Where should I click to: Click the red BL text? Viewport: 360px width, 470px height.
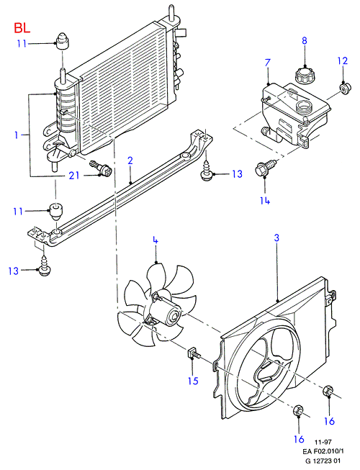(x=22, y=28)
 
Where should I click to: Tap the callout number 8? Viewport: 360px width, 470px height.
(x=305, y=40)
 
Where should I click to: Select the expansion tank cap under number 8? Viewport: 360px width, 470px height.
(x=304, y=75)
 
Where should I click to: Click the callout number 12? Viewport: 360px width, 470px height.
(x=342, y=61)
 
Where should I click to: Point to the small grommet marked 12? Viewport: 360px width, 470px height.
(x=344, y=89)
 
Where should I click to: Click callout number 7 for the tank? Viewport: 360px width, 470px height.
(x=267, y=63)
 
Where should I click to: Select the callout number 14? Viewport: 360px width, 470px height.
(x=265, y=200)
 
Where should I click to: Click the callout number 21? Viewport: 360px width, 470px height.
(x=74, y=175)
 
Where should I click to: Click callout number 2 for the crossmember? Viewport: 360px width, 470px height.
(x=130, y=161)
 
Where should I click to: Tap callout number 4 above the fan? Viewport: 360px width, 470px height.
(x=155, y=240)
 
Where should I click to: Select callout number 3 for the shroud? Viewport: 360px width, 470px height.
(x=276, y=238)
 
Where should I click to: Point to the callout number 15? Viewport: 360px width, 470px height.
(x=194, y=381)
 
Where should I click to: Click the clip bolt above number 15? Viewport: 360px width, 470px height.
(x=194, y=353)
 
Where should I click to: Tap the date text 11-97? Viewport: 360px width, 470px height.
(x=323, y=442)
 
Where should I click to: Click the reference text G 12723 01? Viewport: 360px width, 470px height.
(x=323, y=461)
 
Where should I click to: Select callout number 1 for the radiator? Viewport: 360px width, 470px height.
(x=16, y=135)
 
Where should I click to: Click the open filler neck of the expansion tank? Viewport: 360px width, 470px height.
(x=304, y=106)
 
